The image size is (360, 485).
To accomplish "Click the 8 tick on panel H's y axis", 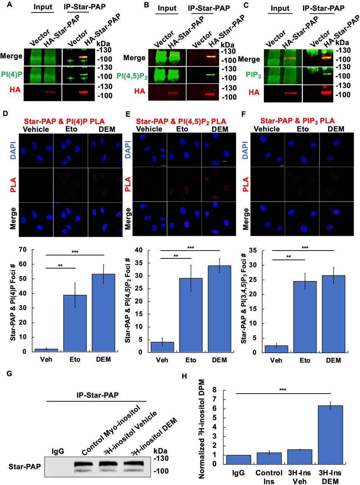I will (x=214, y=390).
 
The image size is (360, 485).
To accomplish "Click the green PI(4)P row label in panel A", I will (x=11, y=72).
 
